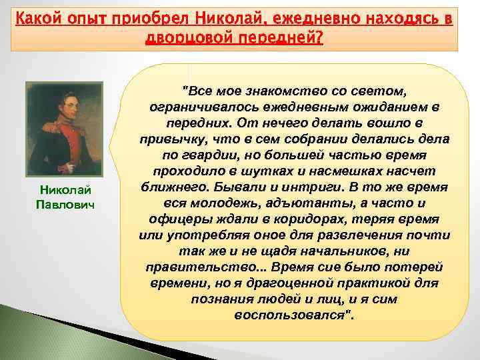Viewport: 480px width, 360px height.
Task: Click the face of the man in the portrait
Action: pos(63,107)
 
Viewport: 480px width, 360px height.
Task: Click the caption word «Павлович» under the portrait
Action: pos(64,203)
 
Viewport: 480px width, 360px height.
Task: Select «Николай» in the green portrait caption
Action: pos(64,190)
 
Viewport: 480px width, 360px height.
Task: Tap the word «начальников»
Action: pos(337,251)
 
